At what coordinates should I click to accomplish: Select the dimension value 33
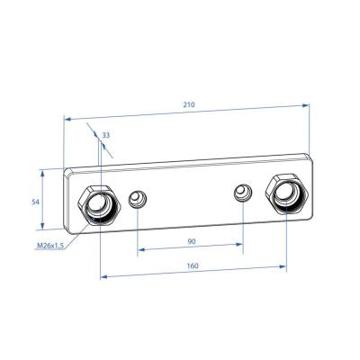click(107, 135)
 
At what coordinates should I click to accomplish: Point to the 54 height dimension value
click(35, 202)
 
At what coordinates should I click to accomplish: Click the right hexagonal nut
click(287, 193)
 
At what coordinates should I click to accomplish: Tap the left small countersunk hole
click(137, 200)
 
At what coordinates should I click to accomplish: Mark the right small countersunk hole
click(241, 192)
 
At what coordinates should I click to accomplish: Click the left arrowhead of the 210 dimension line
click(67, 117)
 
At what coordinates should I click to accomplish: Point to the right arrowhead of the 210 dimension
click(308, 105)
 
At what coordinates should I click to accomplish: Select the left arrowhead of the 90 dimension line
click(140, 251)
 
